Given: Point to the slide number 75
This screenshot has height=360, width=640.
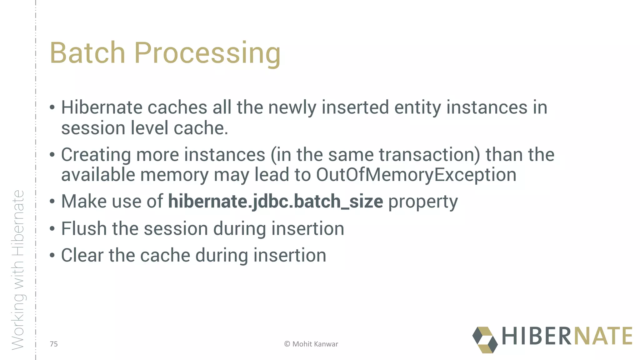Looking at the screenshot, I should coord(54,344).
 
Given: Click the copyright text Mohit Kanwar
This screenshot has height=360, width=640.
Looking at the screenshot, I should coord(311,344).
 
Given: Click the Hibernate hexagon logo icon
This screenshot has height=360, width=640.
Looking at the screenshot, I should coord(485,340).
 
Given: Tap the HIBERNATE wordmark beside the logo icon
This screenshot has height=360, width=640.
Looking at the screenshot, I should coord(567,336).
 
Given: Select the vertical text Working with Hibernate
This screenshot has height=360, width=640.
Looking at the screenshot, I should coord(18,270).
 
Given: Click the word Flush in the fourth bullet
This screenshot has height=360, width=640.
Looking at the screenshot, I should coord(84,228).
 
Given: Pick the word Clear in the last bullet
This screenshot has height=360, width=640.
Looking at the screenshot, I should coord(82,255).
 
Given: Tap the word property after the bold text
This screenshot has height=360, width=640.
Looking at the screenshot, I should coord(423,202).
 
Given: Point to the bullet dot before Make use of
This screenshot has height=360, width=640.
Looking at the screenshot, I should coord(52,202).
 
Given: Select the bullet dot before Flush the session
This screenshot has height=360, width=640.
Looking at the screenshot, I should coord(52,229).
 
